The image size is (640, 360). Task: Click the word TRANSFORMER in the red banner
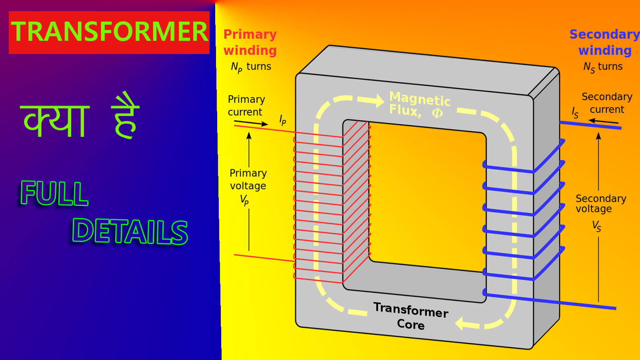point(109,32)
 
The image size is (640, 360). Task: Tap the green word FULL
point(54,193)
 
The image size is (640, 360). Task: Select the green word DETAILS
point(130,232)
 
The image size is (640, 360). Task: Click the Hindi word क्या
point(55,120)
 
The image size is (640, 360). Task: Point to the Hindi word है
point(126,116)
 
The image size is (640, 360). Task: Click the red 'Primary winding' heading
point(250,42)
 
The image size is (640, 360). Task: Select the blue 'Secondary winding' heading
point(604,42)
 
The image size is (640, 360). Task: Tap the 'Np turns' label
point(251,67)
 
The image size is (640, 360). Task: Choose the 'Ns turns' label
point(603,67)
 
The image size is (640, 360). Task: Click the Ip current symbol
point(282,120)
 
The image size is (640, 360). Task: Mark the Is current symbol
point(575,112)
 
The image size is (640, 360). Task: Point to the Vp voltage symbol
point(244,200)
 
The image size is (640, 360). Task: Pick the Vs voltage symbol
point(596,226)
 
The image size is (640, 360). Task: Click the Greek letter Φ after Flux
point(437,113)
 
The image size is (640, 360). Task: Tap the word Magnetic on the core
point(420,99)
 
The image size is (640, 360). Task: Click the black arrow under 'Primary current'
point(251,123)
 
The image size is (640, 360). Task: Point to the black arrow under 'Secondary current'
point(603,121)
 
